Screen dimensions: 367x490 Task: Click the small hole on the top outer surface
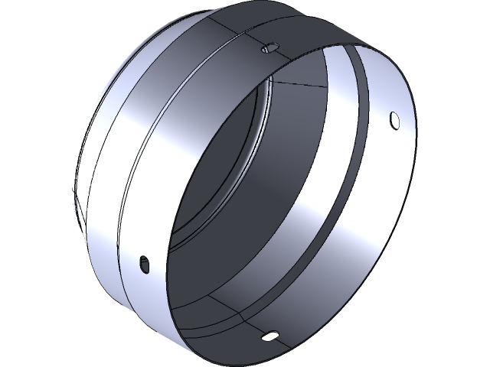(x=268, y=49)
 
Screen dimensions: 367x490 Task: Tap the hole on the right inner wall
(x=394, y=120)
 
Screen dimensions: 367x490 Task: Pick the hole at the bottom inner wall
(x=269, y=335)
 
